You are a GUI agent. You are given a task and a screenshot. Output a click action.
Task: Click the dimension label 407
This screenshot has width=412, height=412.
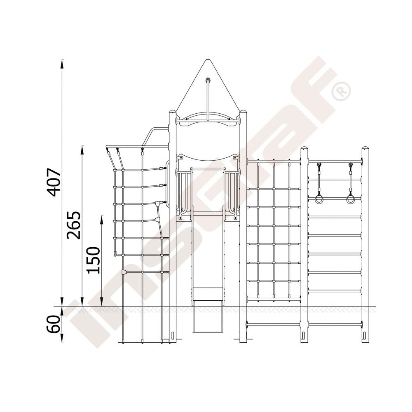point(54,183)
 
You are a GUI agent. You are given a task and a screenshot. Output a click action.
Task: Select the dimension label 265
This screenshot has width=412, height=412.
point(74,225)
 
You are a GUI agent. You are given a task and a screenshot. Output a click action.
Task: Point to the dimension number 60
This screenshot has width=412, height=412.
point(54,324)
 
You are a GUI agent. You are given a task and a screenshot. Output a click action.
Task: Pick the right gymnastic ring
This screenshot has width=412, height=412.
point(351,199)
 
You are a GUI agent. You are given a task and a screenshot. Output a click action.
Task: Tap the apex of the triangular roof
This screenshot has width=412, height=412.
point(208,60)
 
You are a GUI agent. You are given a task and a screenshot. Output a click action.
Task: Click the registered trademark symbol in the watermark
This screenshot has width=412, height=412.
point(341,91)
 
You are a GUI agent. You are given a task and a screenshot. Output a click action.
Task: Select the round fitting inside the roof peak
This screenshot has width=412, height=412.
point(208,79)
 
